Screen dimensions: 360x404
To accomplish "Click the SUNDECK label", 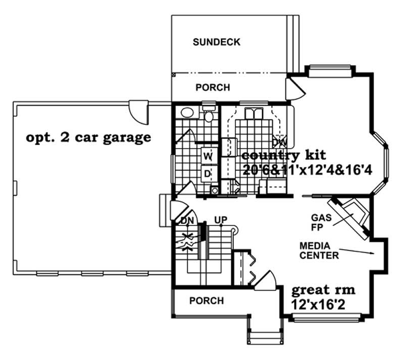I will coord(216,42).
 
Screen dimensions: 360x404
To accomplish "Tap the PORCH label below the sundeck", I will coord(213,87).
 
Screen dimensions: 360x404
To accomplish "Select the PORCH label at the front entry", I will coord(206,301).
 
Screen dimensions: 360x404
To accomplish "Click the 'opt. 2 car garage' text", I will coord(88,137).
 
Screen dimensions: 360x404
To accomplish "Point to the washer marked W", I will coord(208,156).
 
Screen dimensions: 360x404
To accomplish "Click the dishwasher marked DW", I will coord(278,141).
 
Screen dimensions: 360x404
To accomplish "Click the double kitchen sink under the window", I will coord(251,113).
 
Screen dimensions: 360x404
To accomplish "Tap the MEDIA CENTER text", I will coord(319,250).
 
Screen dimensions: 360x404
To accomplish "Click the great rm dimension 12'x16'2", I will coord(323,304).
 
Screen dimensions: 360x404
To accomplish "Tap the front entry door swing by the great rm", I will coord(268,280).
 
